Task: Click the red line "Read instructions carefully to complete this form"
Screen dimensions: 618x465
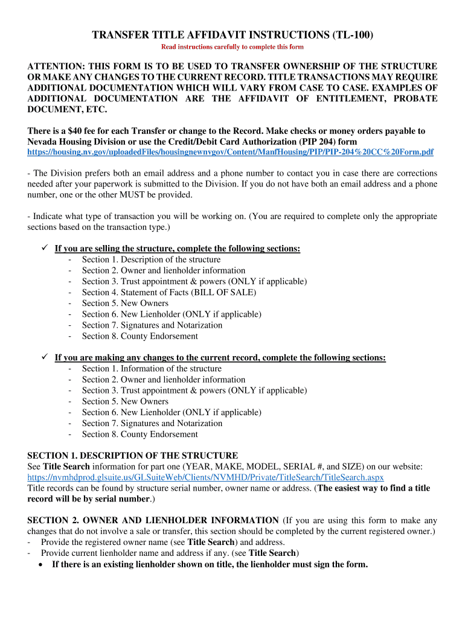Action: pyautogui.click(x=232, y=47)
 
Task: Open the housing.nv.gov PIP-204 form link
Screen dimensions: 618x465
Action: pyautogui.click(x=230, y=153)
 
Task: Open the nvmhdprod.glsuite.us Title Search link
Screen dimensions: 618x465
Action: pyautogui.click(x=205, y=477)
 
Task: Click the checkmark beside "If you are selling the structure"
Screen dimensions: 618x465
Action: pyautogui.click(x=44, y=248)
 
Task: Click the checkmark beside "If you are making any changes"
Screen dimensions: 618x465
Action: pyautogui.click(x=44, y=357)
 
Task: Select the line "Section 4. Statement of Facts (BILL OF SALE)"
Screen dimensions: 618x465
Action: pyautogui.click(x=169, y=292)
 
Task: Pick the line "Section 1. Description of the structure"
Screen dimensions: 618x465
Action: pyautogui.click(x=151, y=260)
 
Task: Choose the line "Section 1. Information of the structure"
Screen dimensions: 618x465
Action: pyautogui.click(x=152, y=368)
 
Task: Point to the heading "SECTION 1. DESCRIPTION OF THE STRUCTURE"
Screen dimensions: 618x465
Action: pyautogui.click(x=133, y=455)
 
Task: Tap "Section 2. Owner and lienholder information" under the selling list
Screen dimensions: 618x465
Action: pyautogui.click(x=164, y=270)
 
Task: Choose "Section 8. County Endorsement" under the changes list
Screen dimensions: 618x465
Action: pyautogui.click(x=139, y=434)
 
